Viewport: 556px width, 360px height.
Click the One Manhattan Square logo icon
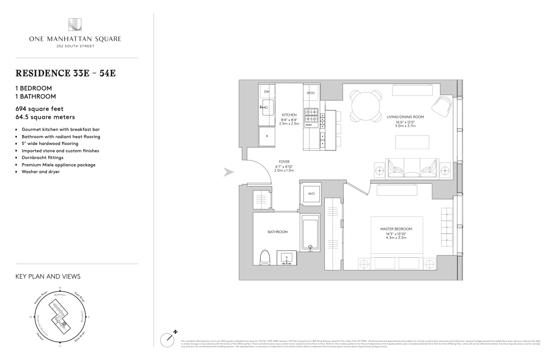click(74, 25)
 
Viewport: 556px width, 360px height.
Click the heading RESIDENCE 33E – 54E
click(66, 73)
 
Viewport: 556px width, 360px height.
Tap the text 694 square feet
click(40, 109)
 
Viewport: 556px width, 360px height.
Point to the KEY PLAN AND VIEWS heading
click(48, 276)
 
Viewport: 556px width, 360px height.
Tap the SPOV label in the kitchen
click(311, 93)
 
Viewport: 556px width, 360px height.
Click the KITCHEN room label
click(289, 115)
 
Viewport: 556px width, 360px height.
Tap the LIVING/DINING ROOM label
click(405, 117)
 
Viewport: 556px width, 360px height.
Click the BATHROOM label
click(278, 232)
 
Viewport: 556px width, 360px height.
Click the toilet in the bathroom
click(265, 257)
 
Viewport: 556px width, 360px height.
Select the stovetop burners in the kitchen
click(311, 116)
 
